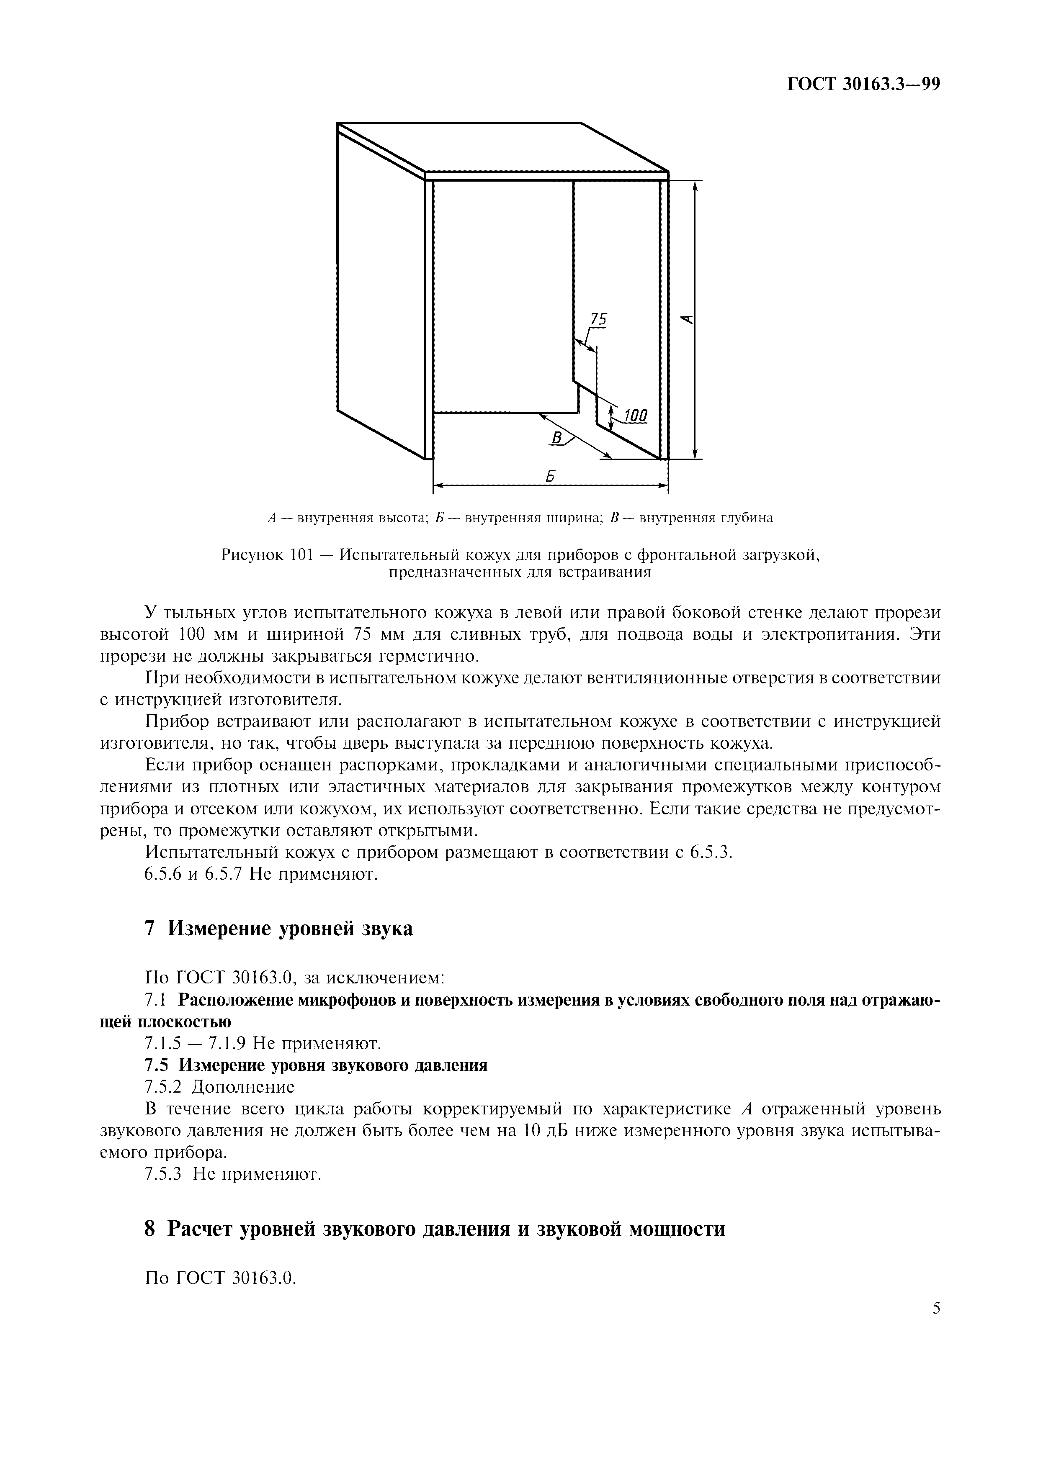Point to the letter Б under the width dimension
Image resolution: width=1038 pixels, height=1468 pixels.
coord(549,476)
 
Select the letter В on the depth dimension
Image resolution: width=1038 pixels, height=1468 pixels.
coord(557,438)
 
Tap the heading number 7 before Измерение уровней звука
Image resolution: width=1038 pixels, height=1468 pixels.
coord(150,928)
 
